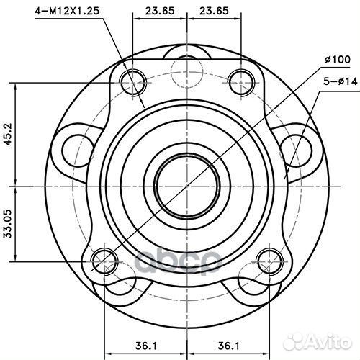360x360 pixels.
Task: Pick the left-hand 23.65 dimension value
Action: (x=159, y=11)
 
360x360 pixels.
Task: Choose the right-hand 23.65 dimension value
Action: (x=212, y=11)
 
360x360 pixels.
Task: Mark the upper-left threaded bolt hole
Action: (x=133, y=78)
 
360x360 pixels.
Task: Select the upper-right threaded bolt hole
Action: (x=240, y=78)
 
